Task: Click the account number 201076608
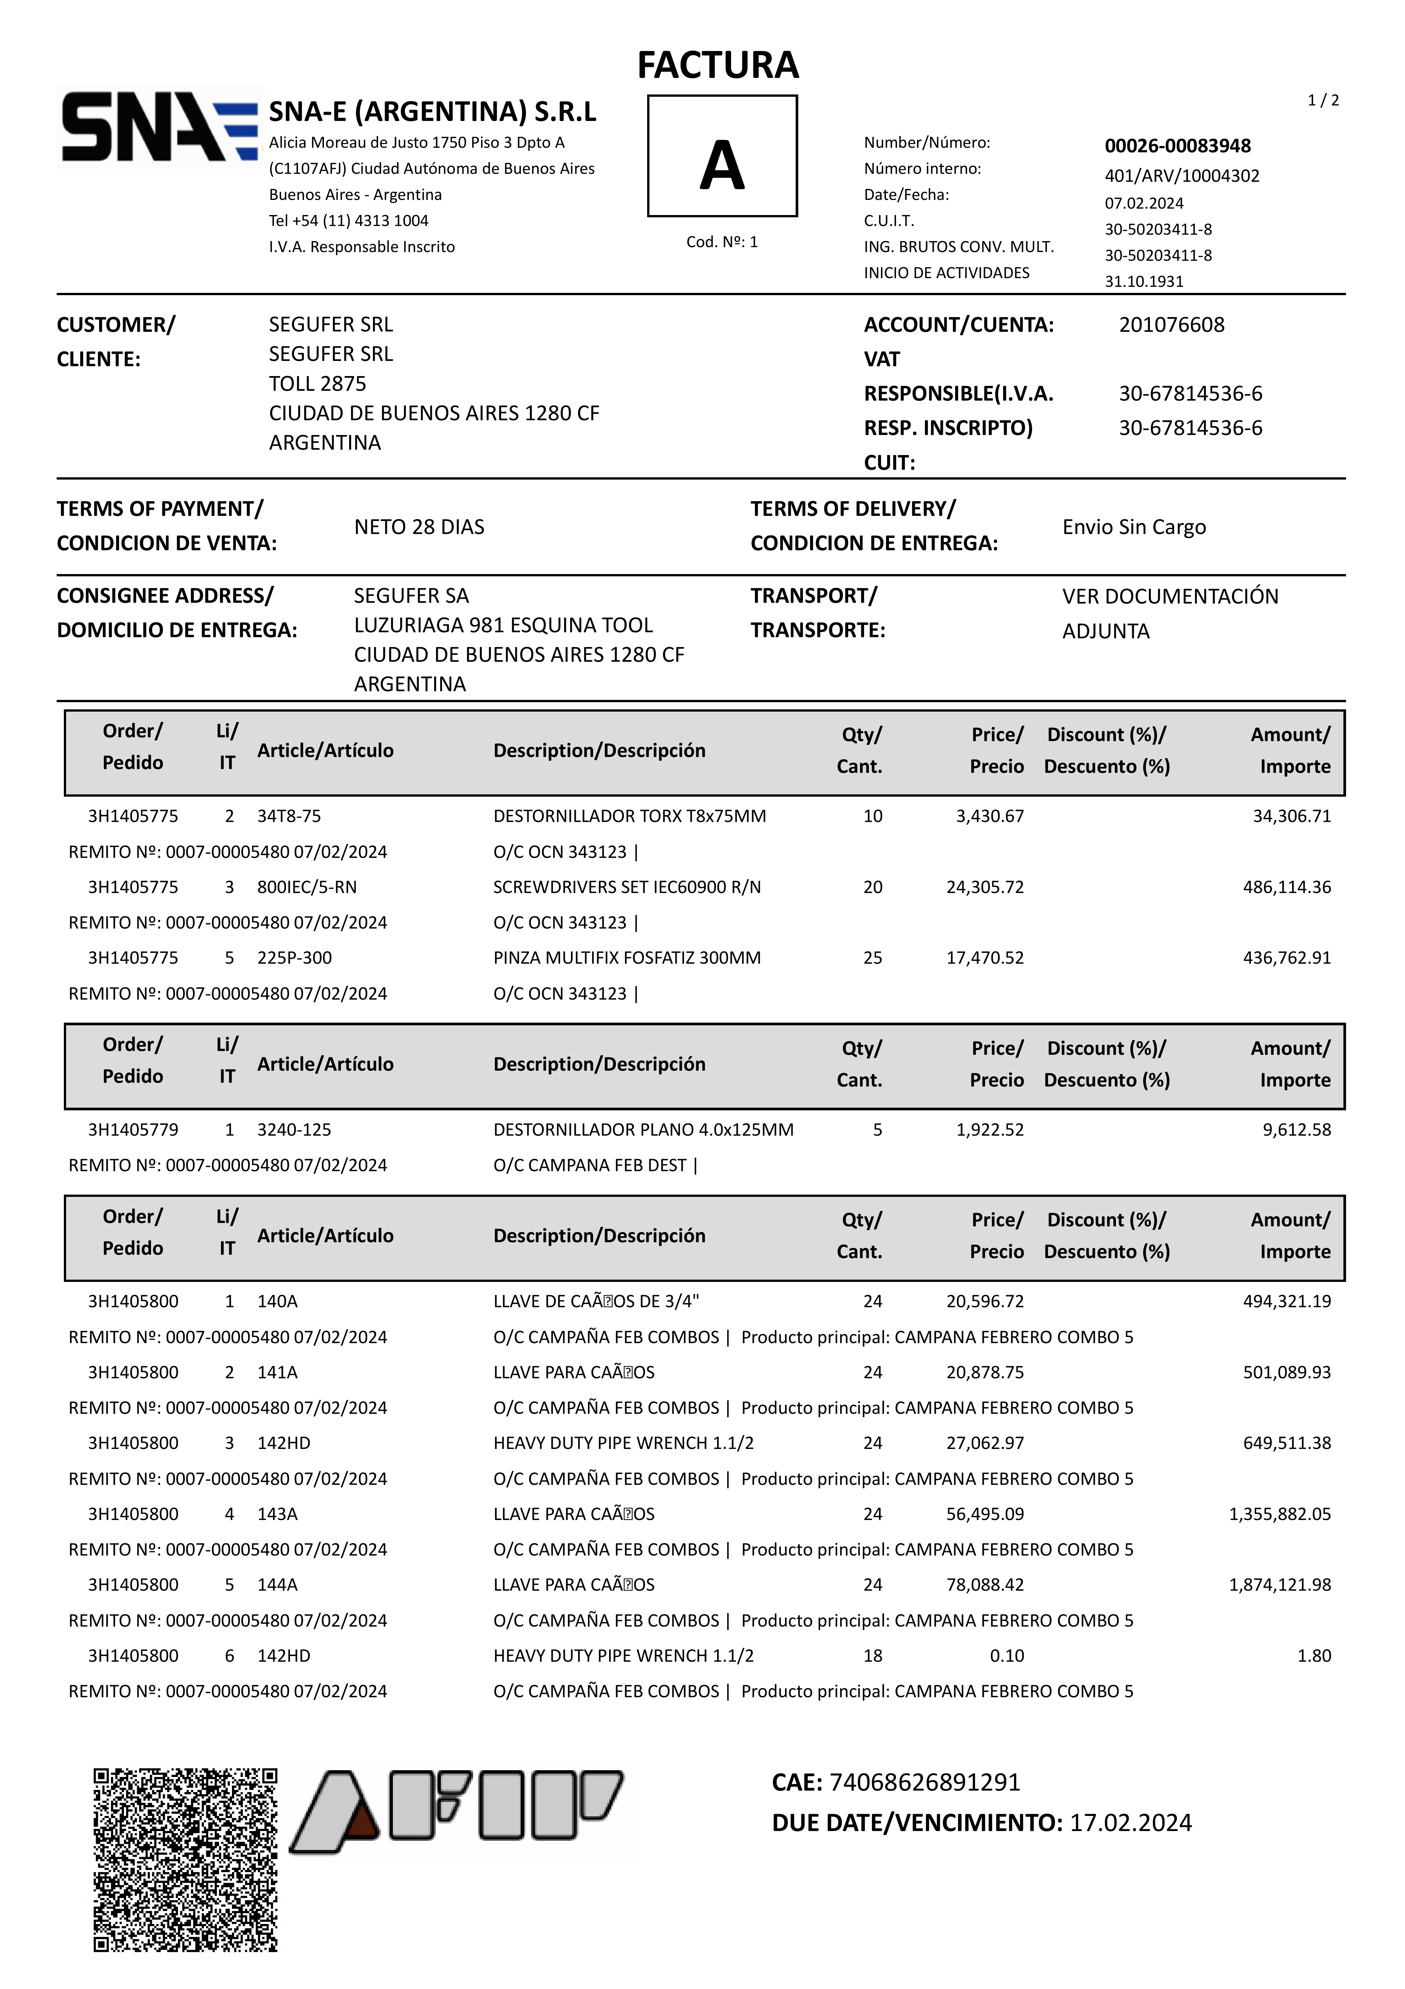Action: (x=1171, y=325)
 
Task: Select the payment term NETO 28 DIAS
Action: (x=419, y=527)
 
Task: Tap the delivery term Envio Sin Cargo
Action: (x=1134, y=527)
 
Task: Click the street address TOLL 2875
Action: (x=317, y=384)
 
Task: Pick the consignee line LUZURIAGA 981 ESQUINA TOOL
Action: (x=503, y=625)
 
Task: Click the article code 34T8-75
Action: (x=289, y=816)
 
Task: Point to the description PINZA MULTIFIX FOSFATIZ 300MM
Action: (x=627, y=958)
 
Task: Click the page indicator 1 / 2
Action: (x=1323, y=101)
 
